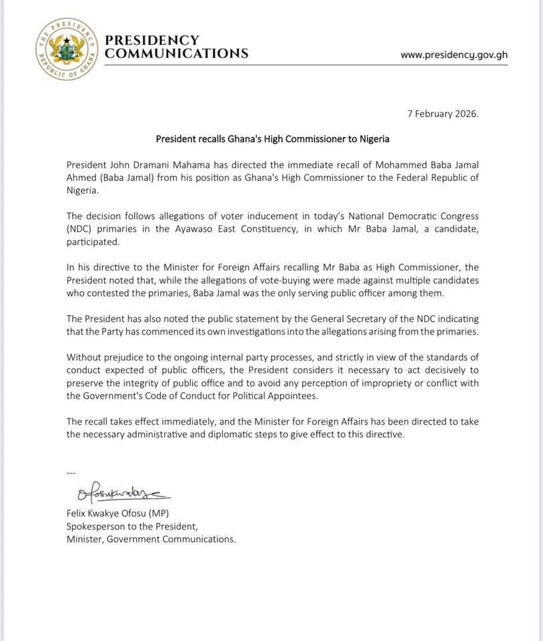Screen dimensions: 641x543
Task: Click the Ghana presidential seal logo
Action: coord(67,49)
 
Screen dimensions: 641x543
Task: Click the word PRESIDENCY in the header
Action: coord(152,40)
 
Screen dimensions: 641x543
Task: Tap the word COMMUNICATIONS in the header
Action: coord(177,53)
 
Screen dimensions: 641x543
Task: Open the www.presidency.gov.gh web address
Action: coord(454,55)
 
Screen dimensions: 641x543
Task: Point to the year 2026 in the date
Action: coord(464,114)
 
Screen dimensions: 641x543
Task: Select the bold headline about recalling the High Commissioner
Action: coord(272,140)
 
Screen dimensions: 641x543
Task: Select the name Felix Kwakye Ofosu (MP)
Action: coord(117,513)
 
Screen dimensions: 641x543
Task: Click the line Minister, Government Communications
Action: coord(151,539)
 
